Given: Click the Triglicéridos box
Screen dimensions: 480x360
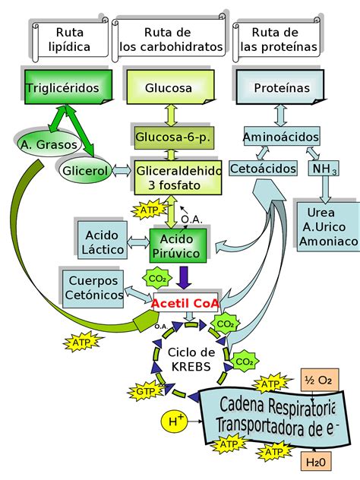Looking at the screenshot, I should [x=63, y=88].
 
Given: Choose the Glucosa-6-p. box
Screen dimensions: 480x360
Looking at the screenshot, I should [x=174, y=137].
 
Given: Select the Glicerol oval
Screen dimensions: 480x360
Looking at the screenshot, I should [x=84, y=170].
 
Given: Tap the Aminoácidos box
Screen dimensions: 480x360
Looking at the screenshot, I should [x=280, y=137].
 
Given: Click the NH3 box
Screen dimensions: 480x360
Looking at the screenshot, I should [x=323, y=168].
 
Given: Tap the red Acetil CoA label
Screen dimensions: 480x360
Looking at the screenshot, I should [x=186, y=304].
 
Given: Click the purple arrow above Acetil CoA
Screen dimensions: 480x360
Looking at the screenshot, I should [x=183, y=278].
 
